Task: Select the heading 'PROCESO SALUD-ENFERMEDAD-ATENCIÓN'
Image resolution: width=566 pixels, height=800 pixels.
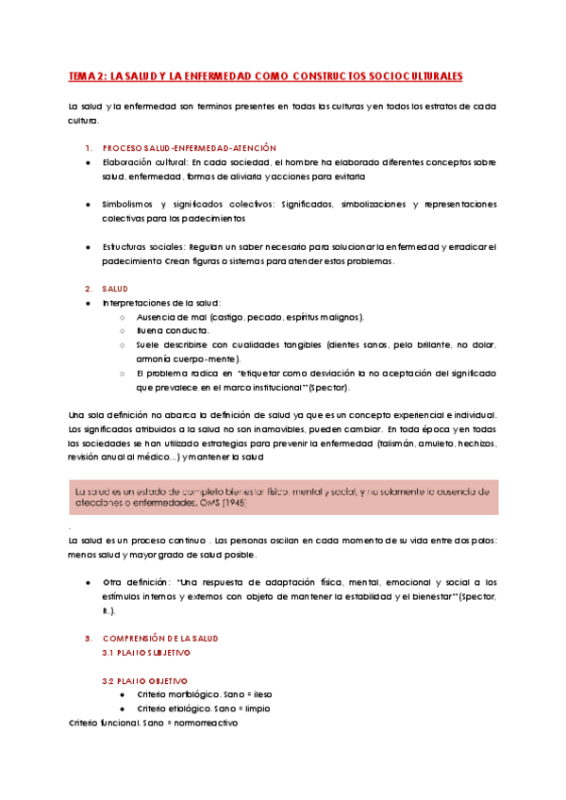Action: click(x=189, y=148)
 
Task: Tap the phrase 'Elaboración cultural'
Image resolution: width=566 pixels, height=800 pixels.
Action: click(x=139, y=162)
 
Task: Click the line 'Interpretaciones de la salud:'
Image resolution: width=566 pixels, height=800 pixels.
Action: click(x=160, y=302)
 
